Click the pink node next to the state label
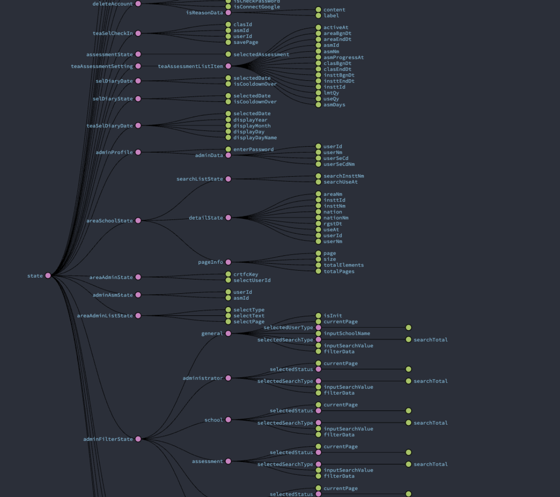click(48, 276)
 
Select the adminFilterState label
click(108, 439)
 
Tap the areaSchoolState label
click(109, 221)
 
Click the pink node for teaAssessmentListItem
click(228, 66)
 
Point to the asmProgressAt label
click(344, 58)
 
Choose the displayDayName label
click(255, 138)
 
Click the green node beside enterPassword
click(228, 149)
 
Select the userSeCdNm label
click(339, 164)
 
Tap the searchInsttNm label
click(344, 176)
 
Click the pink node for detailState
click(228, 218)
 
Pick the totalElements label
click(344, 265)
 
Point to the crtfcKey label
click(246, 274)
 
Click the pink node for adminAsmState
click(138, 295)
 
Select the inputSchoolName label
click(347, 333)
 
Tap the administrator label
click(203, 379)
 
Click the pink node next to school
click(228, 420)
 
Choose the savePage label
click(246, 42)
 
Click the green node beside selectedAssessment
click(228, 54)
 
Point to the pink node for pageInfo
click(228, 262)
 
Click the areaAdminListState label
click(105, 316)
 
